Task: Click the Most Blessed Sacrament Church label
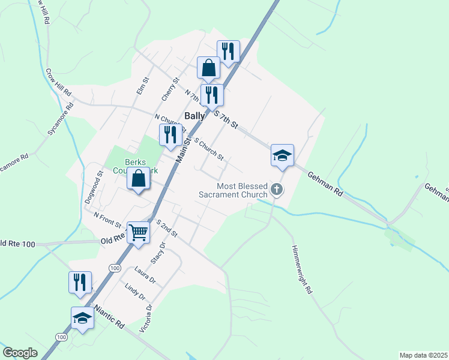coord(234,190)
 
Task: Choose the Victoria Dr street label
coord(145,317)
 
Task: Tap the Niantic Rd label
coord(107,317)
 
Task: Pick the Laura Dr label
coord(145,276)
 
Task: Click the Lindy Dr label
coord(136,291)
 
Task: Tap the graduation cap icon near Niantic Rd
coord(82,317)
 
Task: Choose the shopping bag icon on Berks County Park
coord(138,178)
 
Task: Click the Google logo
coord(20,353)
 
